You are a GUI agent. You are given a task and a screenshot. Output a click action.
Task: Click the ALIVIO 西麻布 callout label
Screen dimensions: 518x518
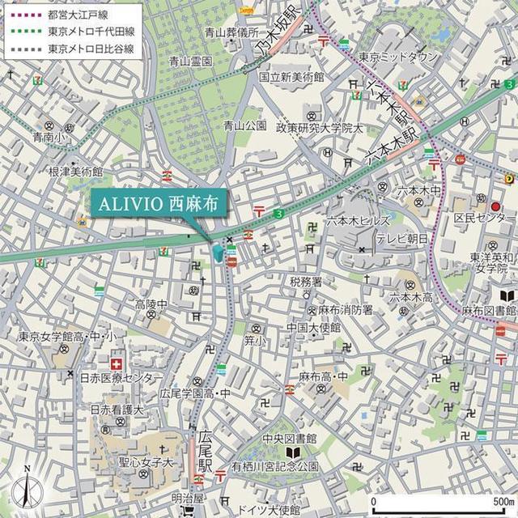[x=158, y=202]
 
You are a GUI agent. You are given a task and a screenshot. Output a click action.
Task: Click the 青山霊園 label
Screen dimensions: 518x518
[x=191, y=62]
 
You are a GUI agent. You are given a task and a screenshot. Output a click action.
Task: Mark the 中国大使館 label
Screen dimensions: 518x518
[x=312, y=328]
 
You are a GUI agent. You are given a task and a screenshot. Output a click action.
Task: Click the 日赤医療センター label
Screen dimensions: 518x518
[x=121, y=378]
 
